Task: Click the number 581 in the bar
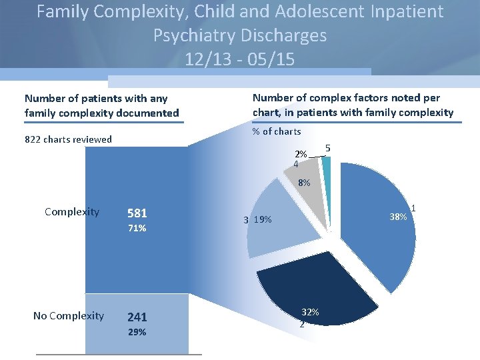pos(137,213)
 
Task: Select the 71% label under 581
pos(137,229)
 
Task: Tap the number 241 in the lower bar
pos(137,317)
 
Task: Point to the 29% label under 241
pos(137,332)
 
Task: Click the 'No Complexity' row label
pos(69,315)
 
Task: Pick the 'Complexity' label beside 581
pos(72,212)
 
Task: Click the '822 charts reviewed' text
pos(68,139)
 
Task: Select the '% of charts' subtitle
pos(276,131)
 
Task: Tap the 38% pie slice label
pos(398,217)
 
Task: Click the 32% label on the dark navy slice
pos(310,312)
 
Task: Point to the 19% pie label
pos(262,220)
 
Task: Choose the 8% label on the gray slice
pos(304,183)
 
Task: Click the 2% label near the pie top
pos(301,154)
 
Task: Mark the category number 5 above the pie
pos(328,147)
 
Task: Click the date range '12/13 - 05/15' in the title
pos(240,59)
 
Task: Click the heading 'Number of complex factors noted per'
pos(346,97)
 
